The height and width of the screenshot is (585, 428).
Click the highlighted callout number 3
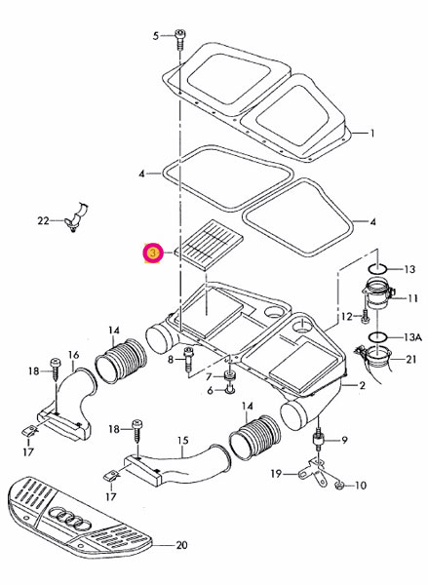(152, 253)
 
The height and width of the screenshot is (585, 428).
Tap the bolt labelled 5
(179, 40)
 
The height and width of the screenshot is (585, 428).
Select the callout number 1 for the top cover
(371, 133)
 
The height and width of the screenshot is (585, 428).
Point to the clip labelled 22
(76, 217)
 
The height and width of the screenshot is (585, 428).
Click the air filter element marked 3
(210, 244)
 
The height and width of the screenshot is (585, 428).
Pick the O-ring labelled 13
(377, 269)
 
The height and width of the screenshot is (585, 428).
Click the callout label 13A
(412, 337)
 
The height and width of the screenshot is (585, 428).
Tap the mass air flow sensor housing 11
(377, 295)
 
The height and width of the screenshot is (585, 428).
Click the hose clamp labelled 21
(375, 358)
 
